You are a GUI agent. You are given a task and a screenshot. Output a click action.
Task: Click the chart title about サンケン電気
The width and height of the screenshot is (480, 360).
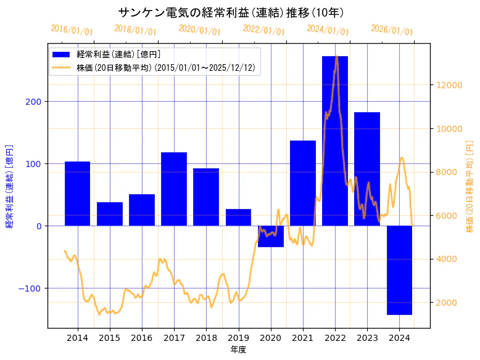[x=231, y=12]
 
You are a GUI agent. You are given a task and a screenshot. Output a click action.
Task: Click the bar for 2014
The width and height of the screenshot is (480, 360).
[x=78, y=194]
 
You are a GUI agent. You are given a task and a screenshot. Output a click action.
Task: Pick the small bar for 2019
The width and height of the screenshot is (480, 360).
[x=238, y=218]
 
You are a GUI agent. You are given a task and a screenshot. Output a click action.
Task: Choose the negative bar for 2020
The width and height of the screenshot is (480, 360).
[x=270, y=237]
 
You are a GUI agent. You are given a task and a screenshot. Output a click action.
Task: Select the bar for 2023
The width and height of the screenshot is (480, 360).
[x=367, y=169]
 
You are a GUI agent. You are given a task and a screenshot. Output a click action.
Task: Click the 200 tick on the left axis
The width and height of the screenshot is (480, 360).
[x=35, y=102]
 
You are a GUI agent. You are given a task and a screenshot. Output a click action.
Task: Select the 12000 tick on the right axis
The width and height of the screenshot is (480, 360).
[x=449, y=85]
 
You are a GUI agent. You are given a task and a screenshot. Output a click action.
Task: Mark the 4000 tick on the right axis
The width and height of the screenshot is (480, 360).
[x=446, y=259]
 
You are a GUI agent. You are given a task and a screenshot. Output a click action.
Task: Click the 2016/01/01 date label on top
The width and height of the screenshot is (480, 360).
[x=72, y=30]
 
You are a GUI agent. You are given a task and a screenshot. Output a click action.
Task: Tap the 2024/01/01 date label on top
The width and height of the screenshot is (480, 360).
[x=328, y=30]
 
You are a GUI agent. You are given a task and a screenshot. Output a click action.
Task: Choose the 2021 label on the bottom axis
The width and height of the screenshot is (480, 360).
[x=303, y=338]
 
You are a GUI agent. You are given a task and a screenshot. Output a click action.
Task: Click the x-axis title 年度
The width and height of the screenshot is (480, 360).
[x=238, y=350]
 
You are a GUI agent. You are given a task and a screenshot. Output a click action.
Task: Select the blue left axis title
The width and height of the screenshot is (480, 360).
[x=9, y=186]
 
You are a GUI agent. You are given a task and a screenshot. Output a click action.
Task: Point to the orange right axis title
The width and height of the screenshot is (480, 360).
[x=470, y=186]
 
